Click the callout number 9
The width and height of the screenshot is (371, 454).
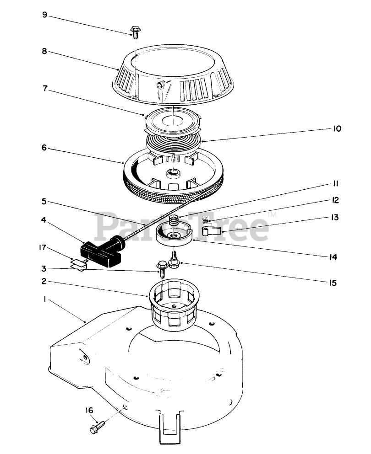pos(44,15)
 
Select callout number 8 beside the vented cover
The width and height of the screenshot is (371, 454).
pos(44,51)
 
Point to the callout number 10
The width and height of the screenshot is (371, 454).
pos(337,128)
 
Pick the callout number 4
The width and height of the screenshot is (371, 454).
pos(44,220)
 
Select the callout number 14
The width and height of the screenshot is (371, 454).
pos(333,256)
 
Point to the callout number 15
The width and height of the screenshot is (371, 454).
pos(333,283)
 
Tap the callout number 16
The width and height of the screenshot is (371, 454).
pos(89,410)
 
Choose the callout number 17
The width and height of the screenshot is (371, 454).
pos(43,247)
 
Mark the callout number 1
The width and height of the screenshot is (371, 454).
pos(45,299)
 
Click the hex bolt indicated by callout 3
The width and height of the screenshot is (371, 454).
pos(162,268)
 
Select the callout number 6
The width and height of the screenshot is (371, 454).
pos(44,148)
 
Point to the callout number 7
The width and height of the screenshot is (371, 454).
pos(45,88)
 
